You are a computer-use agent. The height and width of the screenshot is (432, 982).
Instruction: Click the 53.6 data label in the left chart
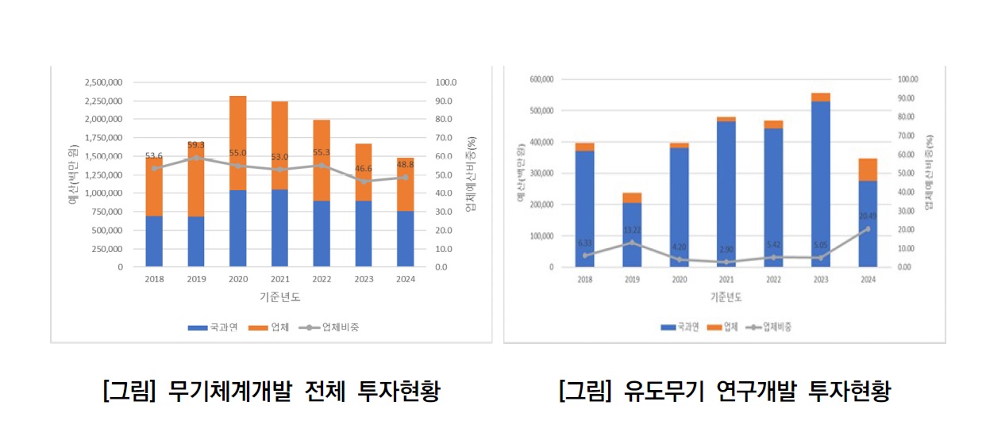[x=154, y=156]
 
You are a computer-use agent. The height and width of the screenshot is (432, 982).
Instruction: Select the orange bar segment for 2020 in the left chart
[x=237, y=143]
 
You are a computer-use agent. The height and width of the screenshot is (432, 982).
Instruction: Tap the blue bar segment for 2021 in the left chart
[x=279, y=227]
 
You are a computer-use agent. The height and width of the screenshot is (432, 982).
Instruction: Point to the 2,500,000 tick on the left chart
[x=104, y=82]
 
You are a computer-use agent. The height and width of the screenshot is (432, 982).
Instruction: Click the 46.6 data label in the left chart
[x=364, y=169]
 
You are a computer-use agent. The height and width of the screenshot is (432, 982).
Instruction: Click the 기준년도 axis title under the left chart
[x=279, y=297]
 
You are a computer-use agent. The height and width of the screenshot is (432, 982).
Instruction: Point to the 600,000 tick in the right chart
[x=540, y=79]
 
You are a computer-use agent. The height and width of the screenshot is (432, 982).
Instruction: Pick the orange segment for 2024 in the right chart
[x=867, y=170]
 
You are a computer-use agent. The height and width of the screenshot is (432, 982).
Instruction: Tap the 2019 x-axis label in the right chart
[x=632, y=280]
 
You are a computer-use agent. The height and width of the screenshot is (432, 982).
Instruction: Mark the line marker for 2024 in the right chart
[x=867, y=229]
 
